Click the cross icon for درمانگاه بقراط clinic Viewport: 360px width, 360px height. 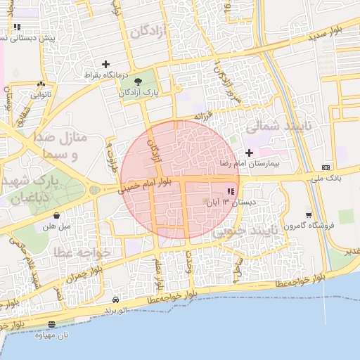pyautogui.click(x=105, y=64)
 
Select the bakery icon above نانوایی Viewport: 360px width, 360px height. pyautogui.click(x=37, y=83)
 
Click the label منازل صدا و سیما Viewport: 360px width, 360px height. pyautogui.click(x=62, y=145)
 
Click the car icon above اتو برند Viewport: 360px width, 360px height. pyautogui.click(x=115, y=300)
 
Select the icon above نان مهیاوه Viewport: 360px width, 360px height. pyautogui.click(x=52, y=324)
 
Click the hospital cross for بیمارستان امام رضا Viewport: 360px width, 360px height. pyautogui.click(x=249, y=153)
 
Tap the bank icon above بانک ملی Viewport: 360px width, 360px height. pyautogui.click(x=326, y=167)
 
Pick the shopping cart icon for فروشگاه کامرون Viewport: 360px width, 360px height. pyautogui.click(x=308, y=215)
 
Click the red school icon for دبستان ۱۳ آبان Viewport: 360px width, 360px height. pyautogui.click(x=231, y=192)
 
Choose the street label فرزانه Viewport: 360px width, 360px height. pyautogui.click(x=203, y=116)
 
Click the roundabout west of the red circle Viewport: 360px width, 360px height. pyautogui.click(x=94, y=189)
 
